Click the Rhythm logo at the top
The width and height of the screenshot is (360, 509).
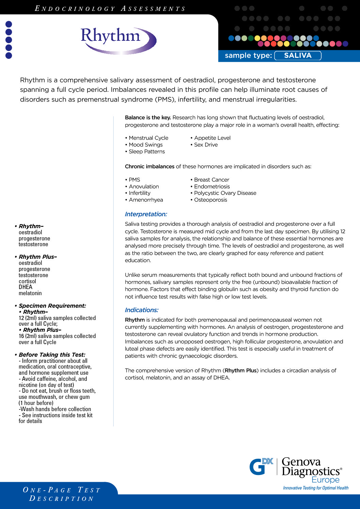[117, 40]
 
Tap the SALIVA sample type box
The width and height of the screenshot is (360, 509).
[298, 55]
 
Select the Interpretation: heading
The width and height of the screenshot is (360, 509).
[146, 214]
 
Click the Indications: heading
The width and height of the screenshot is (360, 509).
[142, 310]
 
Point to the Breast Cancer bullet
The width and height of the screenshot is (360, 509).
[211, 180]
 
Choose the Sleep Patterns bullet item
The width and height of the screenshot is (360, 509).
[147, 152]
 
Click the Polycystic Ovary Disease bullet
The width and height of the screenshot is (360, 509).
[225, 193]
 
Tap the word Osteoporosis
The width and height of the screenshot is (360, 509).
[210, 200]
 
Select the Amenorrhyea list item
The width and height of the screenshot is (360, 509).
[146, 200]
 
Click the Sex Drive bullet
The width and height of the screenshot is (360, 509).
[206, 145]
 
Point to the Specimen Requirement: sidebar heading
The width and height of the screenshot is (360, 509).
[52, 306]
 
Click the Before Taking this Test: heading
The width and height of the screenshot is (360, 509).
[52, 355]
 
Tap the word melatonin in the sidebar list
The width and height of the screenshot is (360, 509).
[30, 293]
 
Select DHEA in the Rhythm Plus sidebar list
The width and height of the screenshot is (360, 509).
[26, 287]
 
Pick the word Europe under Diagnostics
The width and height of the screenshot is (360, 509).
[325, 480]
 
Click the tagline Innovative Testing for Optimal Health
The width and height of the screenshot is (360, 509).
[315, 488]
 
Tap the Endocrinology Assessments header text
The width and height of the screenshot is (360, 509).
[110, 9]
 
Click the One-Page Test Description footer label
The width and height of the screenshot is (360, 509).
[62, 494]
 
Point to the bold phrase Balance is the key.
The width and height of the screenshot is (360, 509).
[148, 118]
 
